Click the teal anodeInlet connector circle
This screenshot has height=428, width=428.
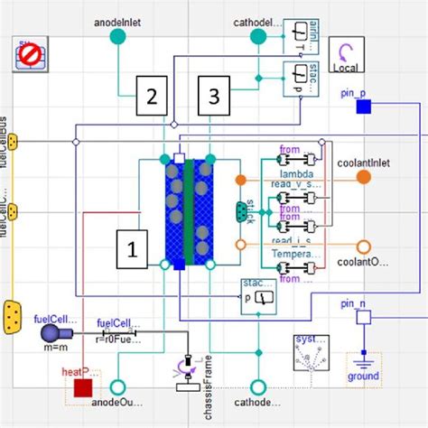(x=116, y=36)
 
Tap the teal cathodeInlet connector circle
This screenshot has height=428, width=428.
(x=258, y=36)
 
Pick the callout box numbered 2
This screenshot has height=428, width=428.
(x=153, y=94)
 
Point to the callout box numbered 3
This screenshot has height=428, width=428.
(x=214, y=94)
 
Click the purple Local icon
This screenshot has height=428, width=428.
(x=346, y=54)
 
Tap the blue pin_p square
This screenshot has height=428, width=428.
(x=363, y=107)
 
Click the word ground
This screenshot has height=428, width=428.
(x=362, y=376)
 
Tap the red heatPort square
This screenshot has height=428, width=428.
(x=83, y=388)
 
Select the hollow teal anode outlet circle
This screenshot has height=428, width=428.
(x=116, y=387)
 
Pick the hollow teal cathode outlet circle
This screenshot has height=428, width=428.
(x=258, y=387)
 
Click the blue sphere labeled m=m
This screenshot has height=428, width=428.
(x=49, y=334)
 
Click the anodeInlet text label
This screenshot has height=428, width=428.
(x=116, y=18)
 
